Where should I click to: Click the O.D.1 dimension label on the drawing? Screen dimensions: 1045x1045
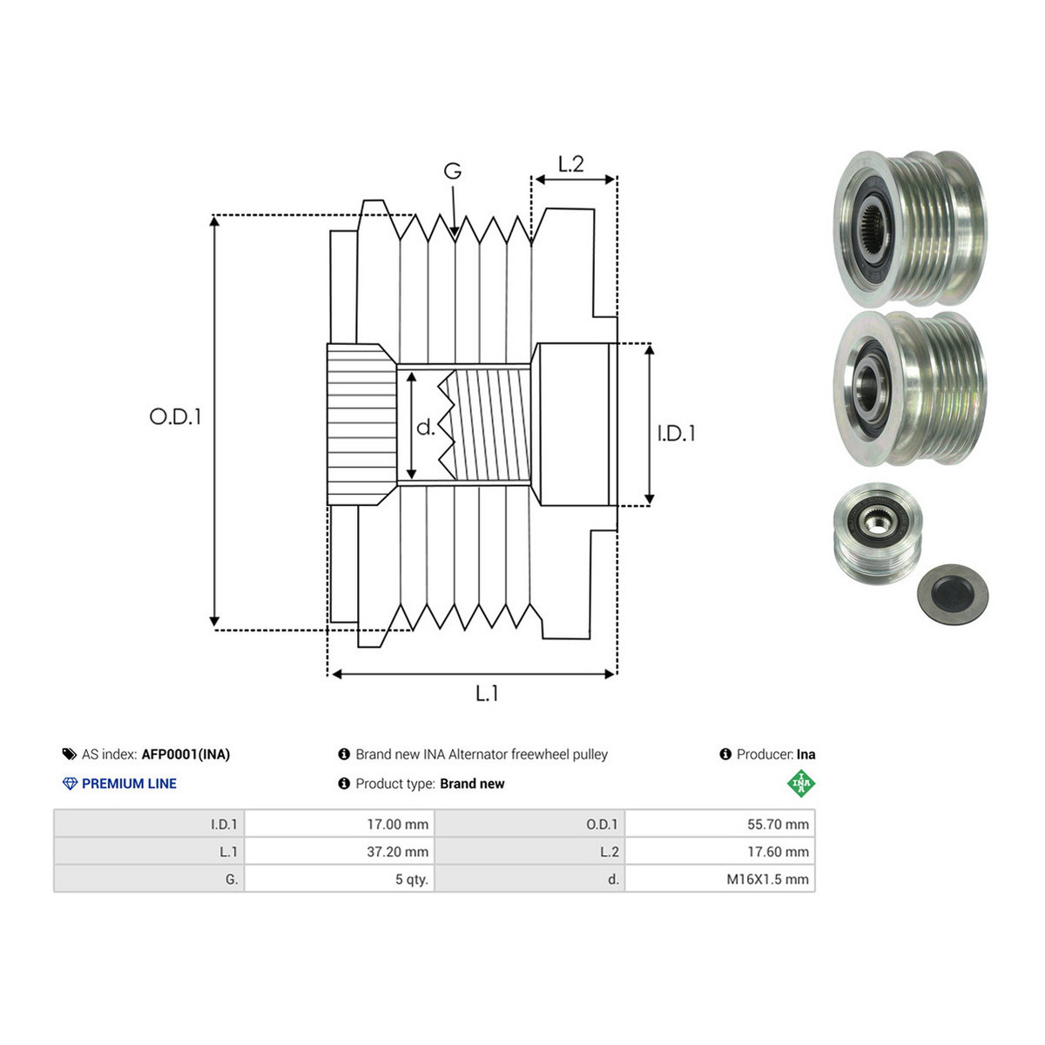175,416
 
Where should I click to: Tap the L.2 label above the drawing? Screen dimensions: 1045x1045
570,164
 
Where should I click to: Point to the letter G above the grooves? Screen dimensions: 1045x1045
452,171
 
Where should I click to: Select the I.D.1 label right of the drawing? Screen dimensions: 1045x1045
676,434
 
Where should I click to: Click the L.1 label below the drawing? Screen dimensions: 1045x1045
487,693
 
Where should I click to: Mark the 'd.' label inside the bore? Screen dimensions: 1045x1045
426,428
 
